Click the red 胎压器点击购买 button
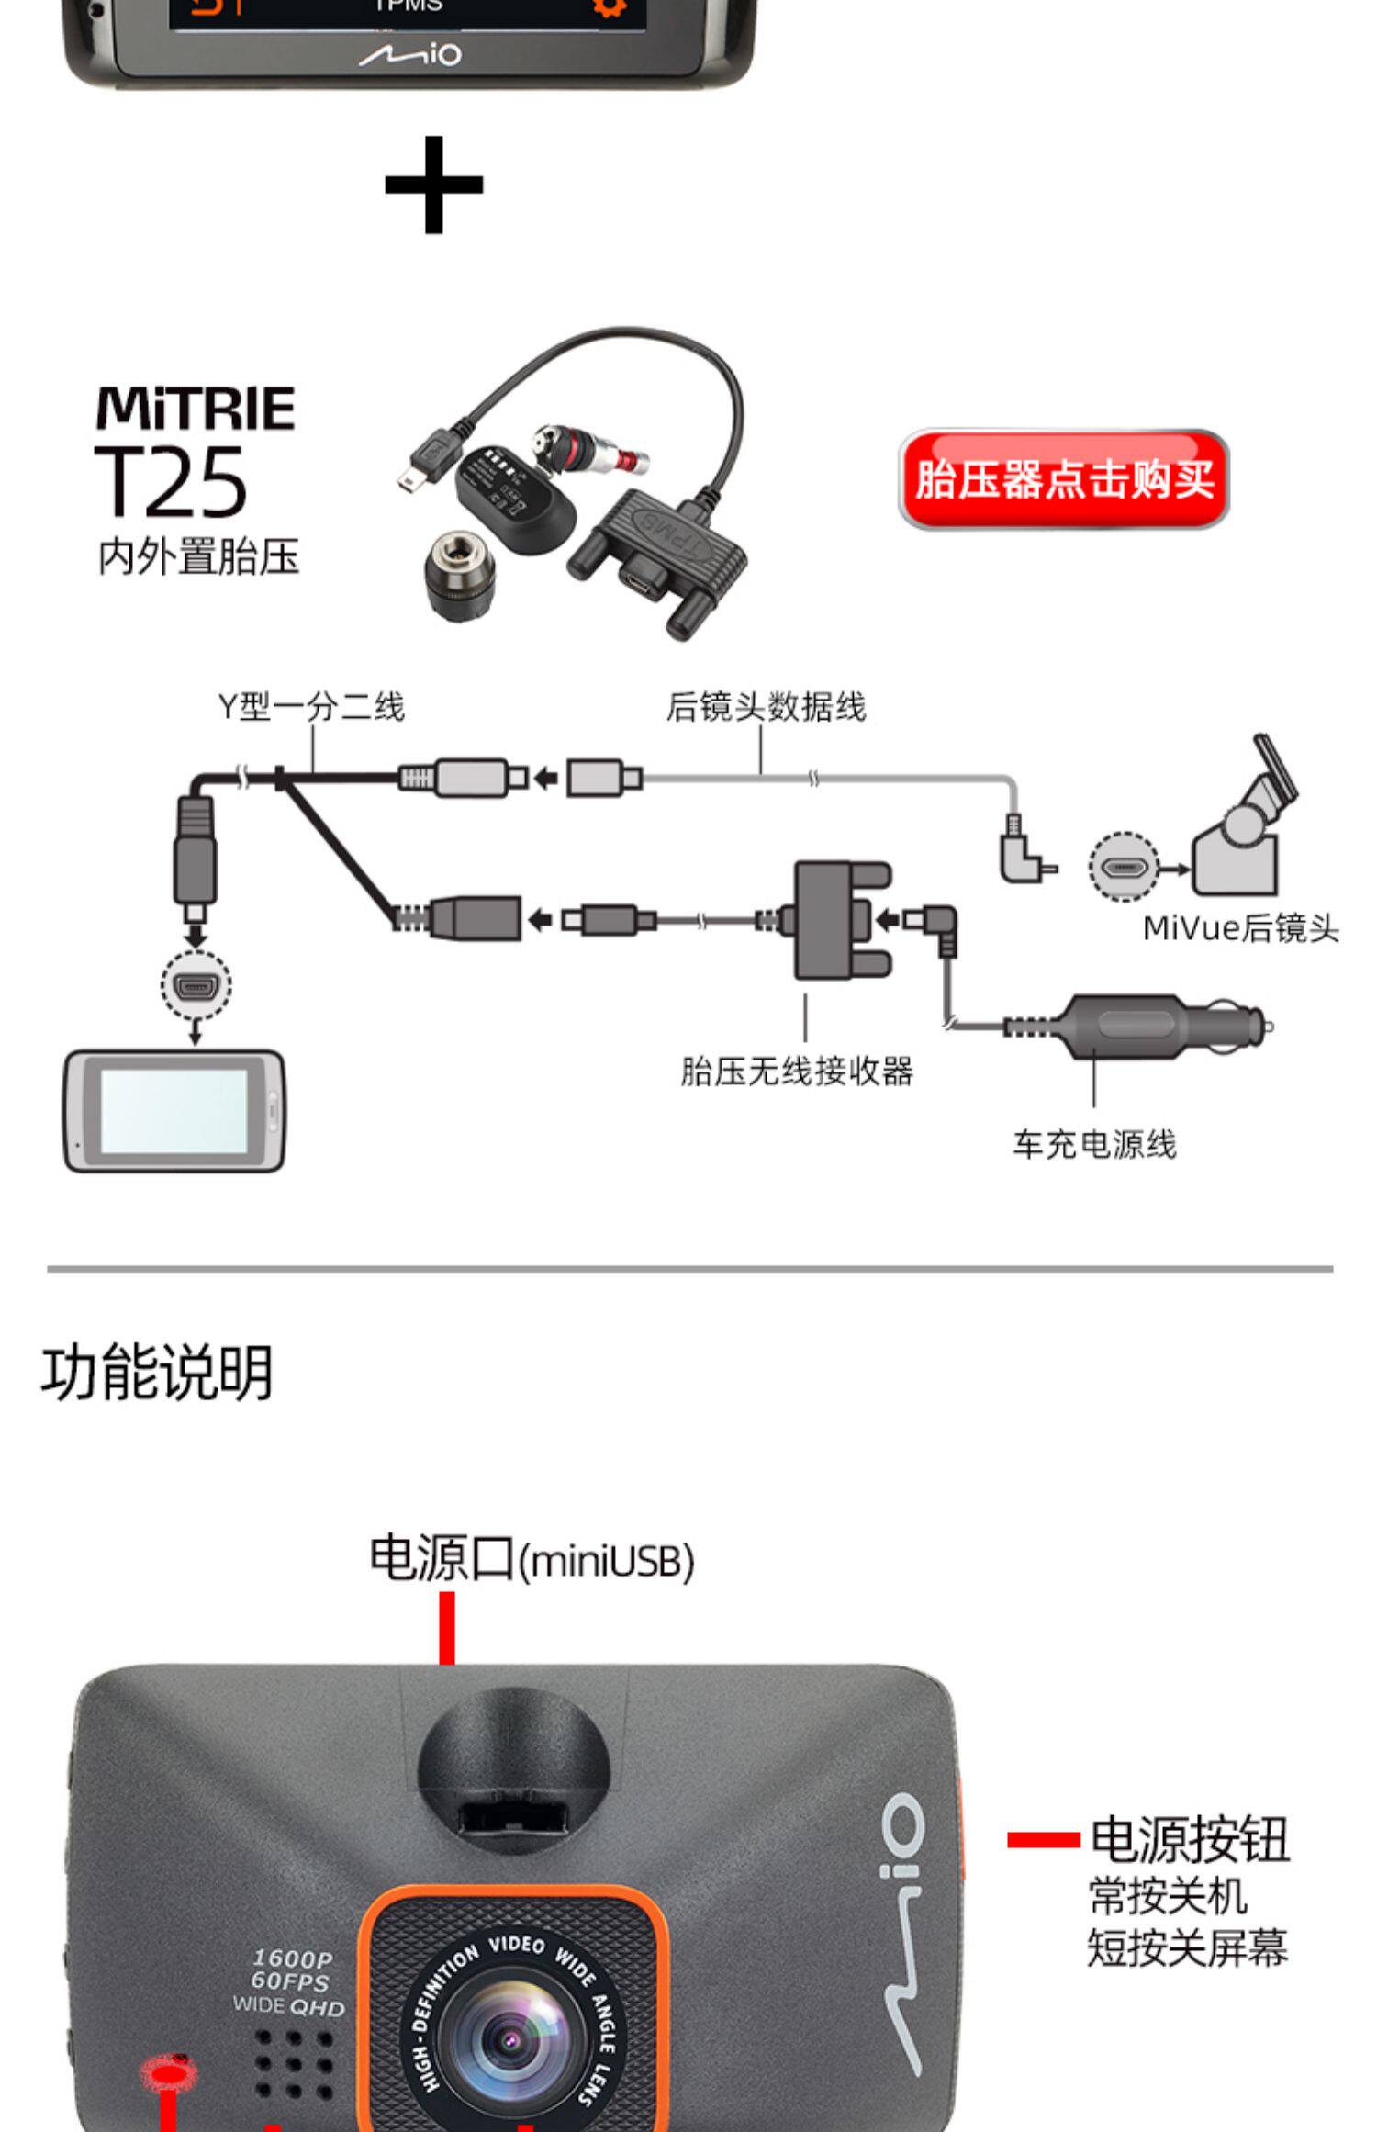(1063, 479)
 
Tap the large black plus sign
(433, 185)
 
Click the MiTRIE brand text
(196, 409)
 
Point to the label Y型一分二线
(311, 707)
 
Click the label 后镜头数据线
(766, 707)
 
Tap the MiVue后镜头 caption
(1240, 928)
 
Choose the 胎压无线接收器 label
(797, 1072)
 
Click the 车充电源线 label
(1094, 1145)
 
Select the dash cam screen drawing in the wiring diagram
(174, 1110)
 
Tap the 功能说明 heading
(157, 1374)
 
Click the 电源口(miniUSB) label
(532, 1560)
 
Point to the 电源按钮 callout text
(1190, 1839)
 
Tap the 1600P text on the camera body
(292, 1959)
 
